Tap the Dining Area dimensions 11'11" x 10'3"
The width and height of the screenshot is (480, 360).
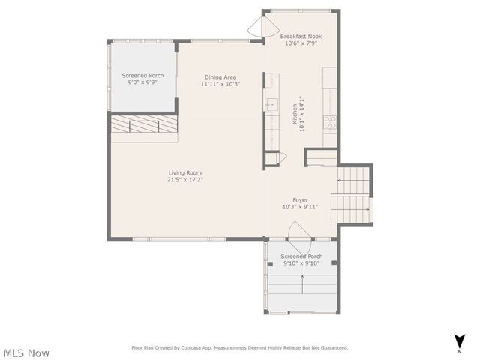[220, 84]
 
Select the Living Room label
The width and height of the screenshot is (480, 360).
[184, 172]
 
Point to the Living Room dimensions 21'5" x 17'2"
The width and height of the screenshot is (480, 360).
[184, 180]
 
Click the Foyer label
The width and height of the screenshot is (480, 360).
[301, 199]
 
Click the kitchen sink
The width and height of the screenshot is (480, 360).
[271, 103]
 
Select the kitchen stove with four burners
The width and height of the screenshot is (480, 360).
[329, 122]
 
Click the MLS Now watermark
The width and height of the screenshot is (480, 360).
[26, 352]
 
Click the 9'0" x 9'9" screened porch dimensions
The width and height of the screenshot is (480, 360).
[142, 83]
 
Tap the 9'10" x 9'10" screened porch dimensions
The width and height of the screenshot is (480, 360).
[301, 263]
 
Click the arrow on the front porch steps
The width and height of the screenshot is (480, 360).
[302, 283]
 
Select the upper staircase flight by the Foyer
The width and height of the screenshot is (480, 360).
[353, 181]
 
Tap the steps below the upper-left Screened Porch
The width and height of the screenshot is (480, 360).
[144, 126]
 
